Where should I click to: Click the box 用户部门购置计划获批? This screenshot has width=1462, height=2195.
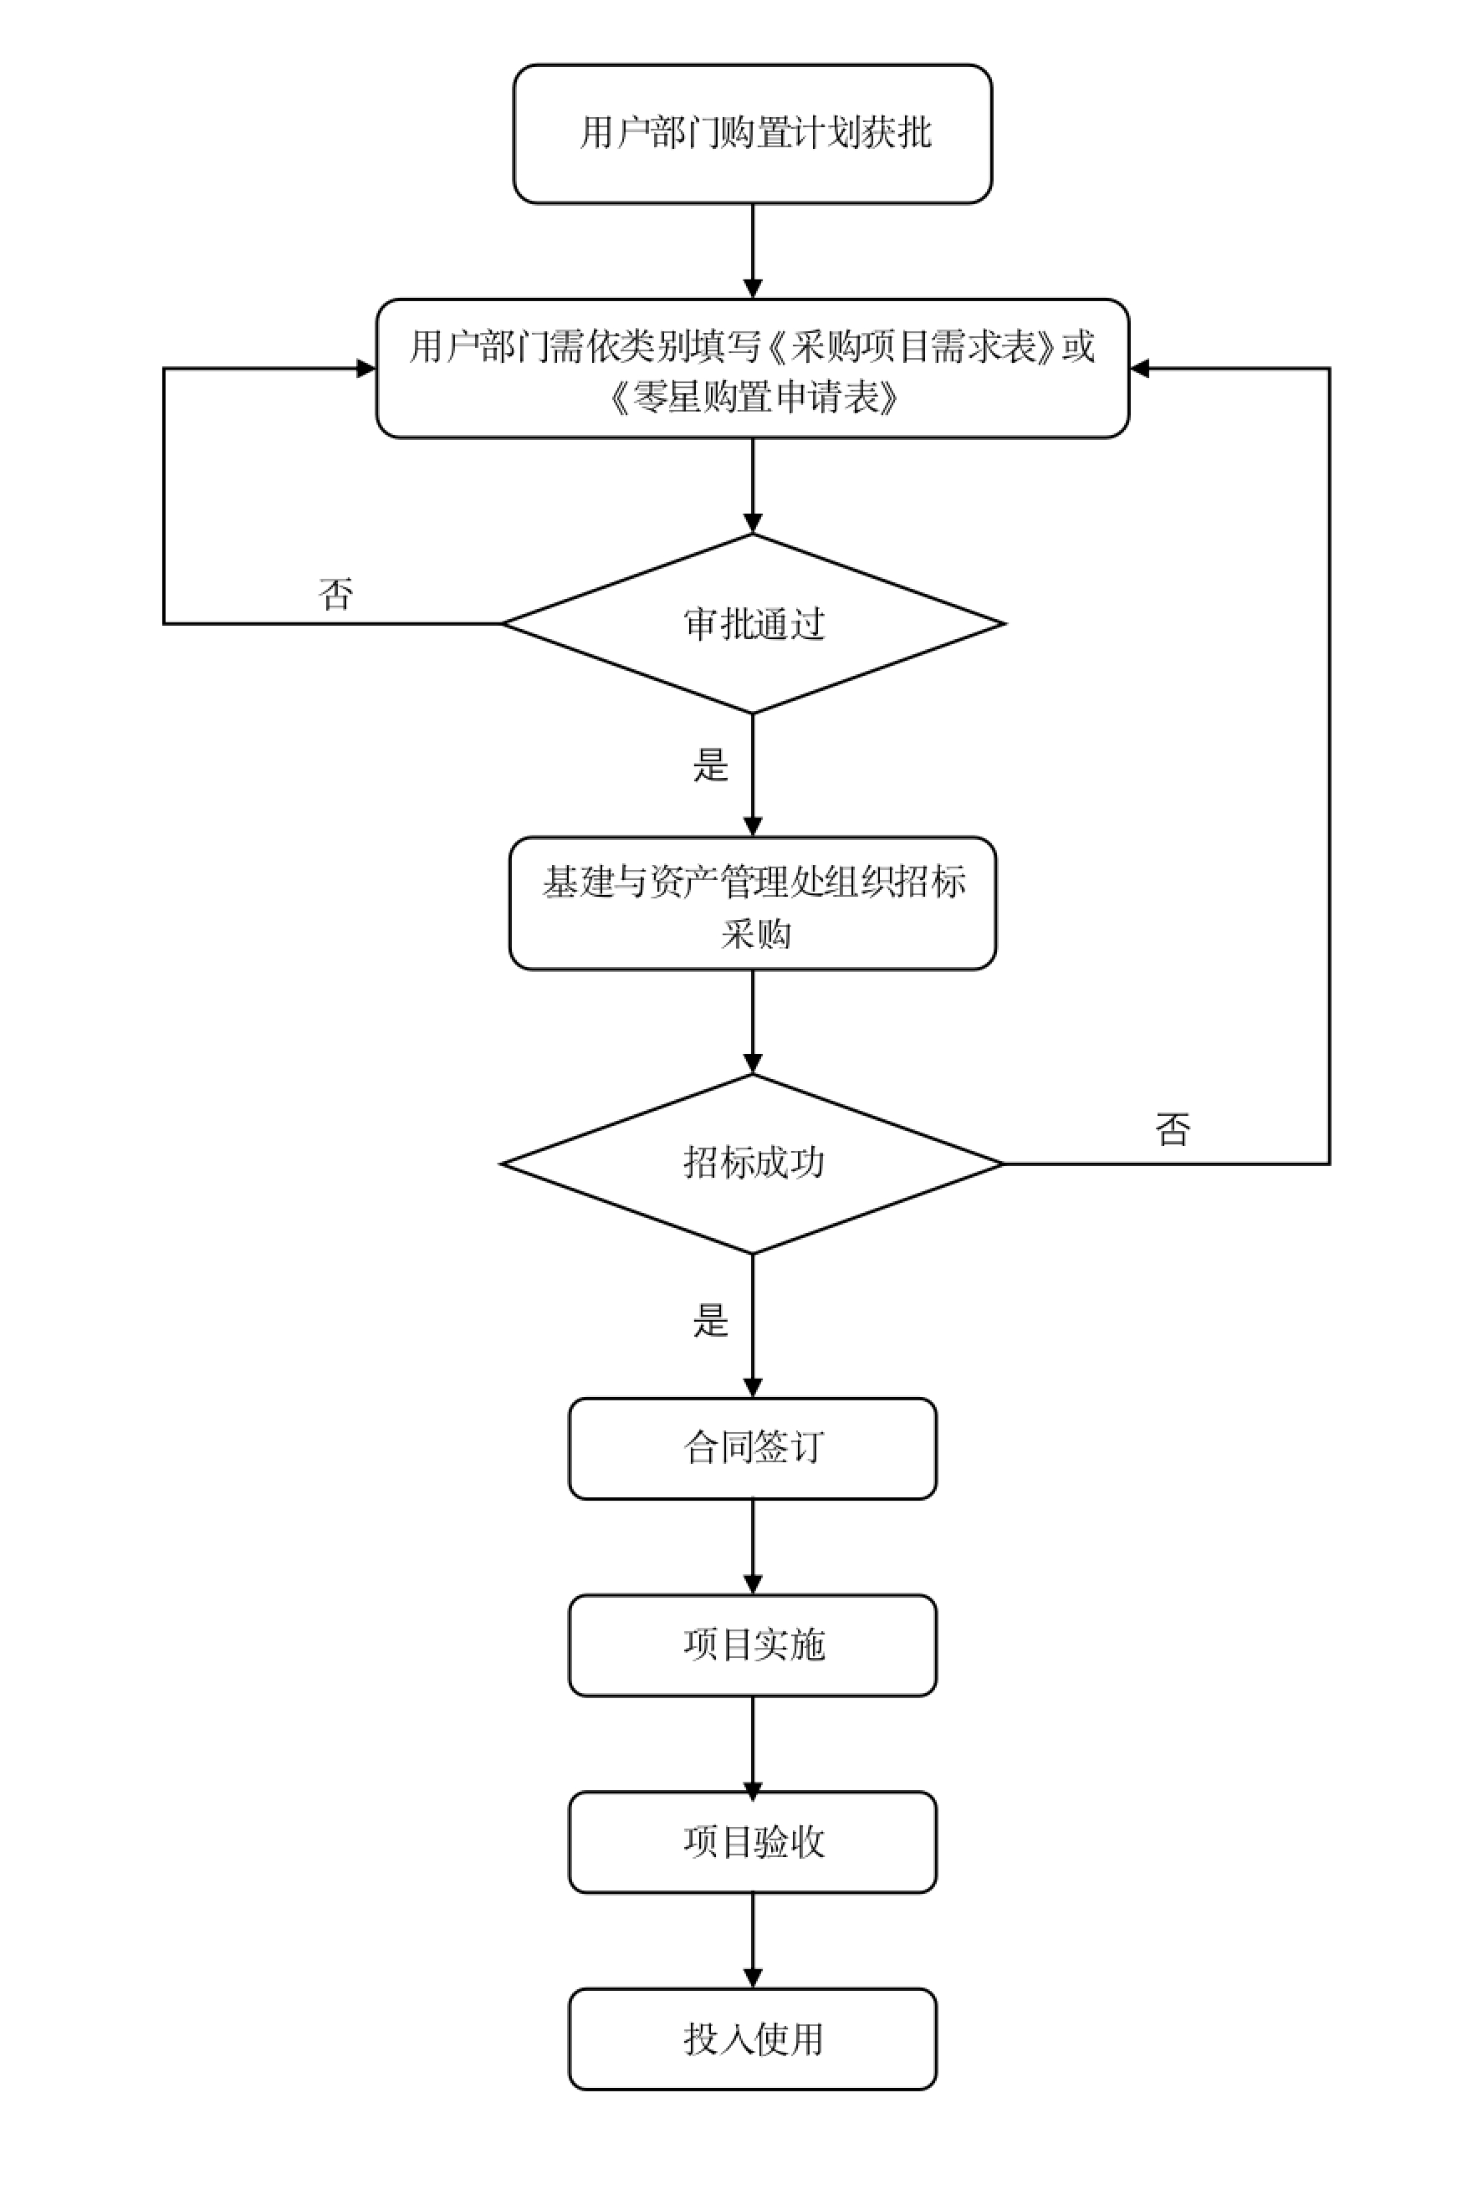tap(753, 133)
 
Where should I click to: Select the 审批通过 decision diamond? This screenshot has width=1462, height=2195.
tap(753, 623)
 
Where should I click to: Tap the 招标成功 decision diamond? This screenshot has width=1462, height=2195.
tap(753, 1163)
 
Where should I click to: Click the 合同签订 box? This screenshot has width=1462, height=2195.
tap(753, 1448)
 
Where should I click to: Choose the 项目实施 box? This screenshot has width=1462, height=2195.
tap(753, 1645)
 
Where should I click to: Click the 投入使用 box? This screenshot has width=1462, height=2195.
tap(753, 2039)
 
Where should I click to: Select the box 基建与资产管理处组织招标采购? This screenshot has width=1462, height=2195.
tap(753, 903)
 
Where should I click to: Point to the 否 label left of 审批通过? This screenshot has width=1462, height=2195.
tap(335, 594)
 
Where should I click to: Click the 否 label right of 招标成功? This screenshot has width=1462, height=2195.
tap(1172, 1130)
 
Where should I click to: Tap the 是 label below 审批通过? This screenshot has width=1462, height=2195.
tap(710, 765)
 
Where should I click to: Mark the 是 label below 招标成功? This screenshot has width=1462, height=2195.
tap(710, 1320)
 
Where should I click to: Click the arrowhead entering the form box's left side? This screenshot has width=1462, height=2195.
tap(366, 368)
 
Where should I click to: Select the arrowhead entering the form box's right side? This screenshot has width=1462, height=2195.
tap(1139, 368)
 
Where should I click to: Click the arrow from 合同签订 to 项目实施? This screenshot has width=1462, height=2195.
tap(753, 1547)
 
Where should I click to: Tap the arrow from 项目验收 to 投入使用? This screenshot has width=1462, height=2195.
tap(753, 1941)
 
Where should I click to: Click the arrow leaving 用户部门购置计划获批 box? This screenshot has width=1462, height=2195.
tap(753, 251)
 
